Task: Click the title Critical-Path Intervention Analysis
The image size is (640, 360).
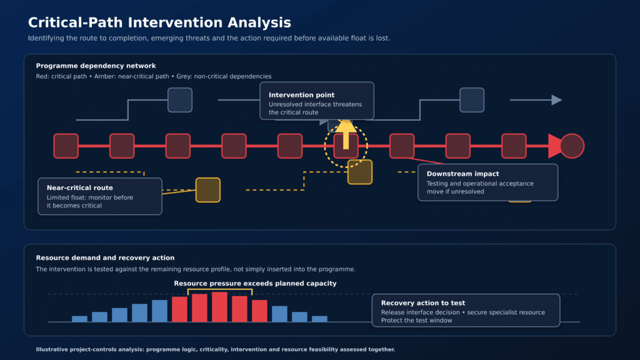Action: tap(159, 22)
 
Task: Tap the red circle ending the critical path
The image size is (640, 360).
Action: tap(572, 146)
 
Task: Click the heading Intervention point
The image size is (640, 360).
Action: tap(301, 95)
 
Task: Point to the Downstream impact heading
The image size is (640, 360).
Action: tap(462, 174)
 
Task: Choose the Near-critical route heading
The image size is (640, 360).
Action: tap(79, 187)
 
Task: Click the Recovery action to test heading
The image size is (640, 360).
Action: tap(423, 303)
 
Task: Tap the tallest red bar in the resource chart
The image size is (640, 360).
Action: tap(219, 306)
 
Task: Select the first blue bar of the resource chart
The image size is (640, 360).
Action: tap(79, 319)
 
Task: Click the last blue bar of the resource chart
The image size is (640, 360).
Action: tap(319, 319)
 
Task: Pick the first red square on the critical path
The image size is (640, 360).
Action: tap(66, 146)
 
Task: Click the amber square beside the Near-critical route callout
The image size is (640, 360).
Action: tap(207, 190)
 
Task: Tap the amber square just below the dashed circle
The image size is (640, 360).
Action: tap(359, 172)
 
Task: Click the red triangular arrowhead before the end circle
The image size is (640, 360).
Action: tap(554, 146)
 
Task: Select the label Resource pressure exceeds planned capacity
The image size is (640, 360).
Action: tap(255, 283)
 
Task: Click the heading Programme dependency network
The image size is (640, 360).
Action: tap(96, 66)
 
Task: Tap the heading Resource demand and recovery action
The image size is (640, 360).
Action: tap(105, 257)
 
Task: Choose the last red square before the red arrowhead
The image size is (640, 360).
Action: tap(514, 146)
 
